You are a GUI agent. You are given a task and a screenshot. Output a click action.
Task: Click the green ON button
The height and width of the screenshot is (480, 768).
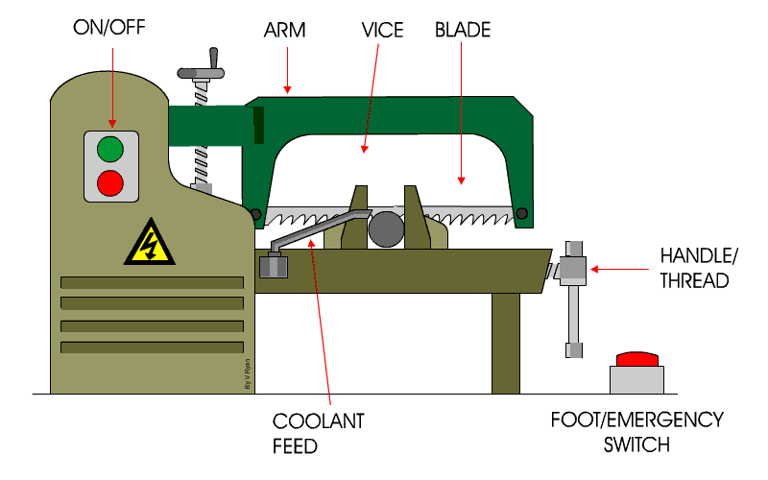coord(110,150)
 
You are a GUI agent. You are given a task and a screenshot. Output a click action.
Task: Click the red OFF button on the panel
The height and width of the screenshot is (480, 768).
coord(110,180)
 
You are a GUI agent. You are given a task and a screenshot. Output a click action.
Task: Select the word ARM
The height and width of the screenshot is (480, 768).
coord(284,30)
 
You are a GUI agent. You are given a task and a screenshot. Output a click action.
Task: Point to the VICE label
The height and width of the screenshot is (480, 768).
coord(383,30)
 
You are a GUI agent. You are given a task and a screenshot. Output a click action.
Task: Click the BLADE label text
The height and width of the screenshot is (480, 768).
coord(464,30)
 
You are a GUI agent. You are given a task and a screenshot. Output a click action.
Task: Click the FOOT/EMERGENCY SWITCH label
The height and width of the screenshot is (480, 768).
coord(637,433)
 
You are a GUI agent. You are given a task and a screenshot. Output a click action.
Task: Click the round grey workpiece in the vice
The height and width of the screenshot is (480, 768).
coord(386,228)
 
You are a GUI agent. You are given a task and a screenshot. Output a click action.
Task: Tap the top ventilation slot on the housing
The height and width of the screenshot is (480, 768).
coord(152,282)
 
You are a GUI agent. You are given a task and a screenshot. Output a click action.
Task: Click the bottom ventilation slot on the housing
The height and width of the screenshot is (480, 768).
coord(152,347)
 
